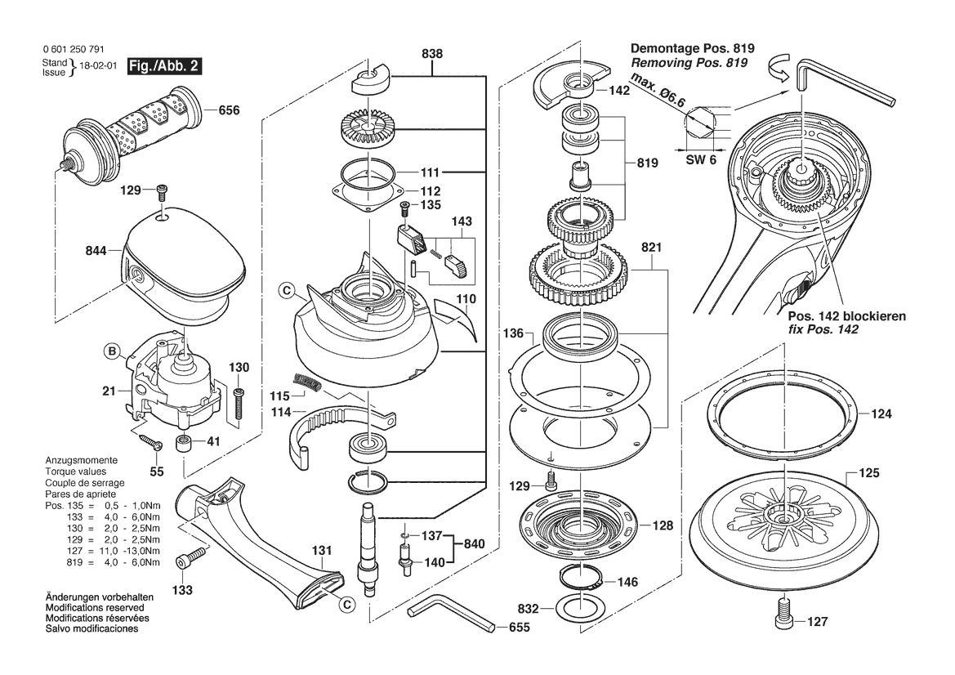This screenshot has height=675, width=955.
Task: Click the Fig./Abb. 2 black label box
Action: [164, 66]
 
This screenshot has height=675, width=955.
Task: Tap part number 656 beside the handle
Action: [229, 110]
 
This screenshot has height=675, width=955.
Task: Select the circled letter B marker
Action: [112, 351]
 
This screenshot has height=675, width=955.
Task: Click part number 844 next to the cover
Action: [96, 250]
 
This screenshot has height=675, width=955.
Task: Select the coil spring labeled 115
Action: [307, 382]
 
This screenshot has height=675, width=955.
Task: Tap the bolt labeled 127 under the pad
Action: [785, 613]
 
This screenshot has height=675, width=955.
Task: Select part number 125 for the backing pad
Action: [869, 472]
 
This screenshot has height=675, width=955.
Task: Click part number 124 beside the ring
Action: [881, 414]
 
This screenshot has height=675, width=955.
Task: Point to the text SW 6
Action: [701, 159]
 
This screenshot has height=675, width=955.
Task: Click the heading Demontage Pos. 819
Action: [693, 49]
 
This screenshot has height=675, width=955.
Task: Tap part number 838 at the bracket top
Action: [432, 54]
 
